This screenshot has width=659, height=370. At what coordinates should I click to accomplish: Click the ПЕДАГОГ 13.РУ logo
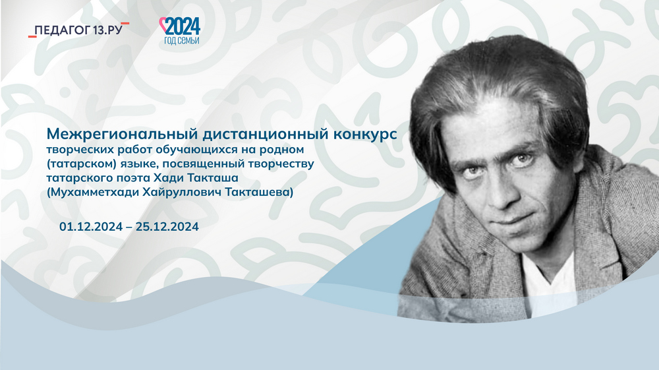coord(78,30)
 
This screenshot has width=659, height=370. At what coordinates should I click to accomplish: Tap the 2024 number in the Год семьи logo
coord(183,27)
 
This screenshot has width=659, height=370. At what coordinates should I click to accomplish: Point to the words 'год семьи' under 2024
coord(182,40)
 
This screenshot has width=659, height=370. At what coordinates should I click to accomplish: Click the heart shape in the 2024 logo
coord(163,24)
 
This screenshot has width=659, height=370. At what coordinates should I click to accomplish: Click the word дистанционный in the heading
coord(266,134)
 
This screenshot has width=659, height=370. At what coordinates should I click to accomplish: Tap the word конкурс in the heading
coord(366,134)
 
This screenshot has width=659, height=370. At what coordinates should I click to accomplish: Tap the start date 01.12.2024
coord(91,227)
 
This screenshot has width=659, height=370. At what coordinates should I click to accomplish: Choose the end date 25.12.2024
coord(167,227)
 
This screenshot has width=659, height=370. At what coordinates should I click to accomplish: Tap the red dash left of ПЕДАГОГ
coord(32,36)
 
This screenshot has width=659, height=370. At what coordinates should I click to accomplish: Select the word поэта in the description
coord(129,178)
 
